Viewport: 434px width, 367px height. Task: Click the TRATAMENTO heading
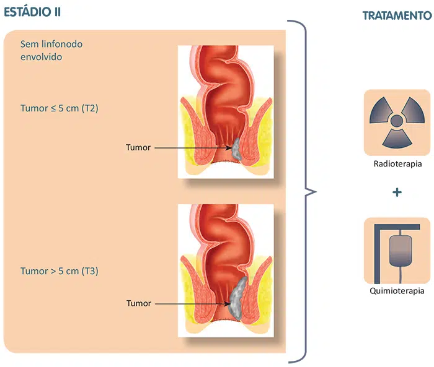coord(397,15)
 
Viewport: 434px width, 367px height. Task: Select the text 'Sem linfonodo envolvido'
coord(51,50)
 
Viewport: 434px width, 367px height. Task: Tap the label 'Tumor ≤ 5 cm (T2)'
coord(60,108)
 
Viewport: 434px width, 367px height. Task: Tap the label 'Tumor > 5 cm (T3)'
coord(60,271)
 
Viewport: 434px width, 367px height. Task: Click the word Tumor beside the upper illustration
coord(138,148)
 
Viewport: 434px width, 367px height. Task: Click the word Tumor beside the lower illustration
coord(138,304)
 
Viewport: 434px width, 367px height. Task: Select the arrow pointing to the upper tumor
coord(192,148)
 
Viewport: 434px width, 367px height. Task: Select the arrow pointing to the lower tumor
coord(192,304)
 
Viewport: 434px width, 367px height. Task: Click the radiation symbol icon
coord(397,121)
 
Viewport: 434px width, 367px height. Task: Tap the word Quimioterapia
coord(397,290)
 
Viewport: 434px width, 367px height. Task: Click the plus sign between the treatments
coord(397,192)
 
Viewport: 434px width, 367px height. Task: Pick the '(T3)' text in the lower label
coord(90,271)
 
